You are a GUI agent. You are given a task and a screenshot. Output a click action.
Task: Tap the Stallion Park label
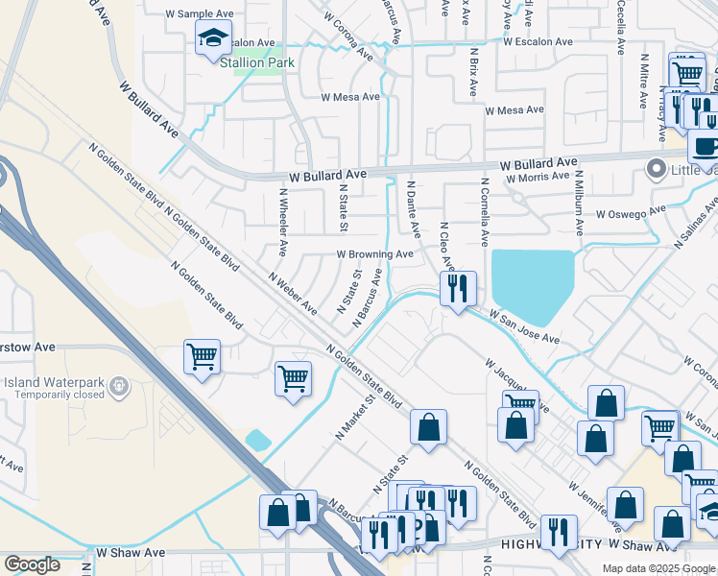click(256, 63)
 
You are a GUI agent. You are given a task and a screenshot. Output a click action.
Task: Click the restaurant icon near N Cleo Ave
click(458, 287)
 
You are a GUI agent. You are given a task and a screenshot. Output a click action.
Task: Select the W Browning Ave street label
click(373, 254)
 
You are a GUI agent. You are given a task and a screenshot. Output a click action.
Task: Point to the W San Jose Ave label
click(524, 326)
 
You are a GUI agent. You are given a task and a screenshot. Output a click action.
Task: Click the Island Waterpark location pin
click(119, 387)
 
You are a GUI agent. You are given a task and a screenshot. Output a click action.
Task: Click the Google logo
click(32, 564)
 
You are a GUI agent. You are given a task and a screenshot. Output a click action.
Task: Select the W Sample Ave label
click(200, 14)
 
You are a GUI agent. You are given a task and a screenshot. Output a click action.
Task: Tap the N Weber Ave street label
click(293, 295)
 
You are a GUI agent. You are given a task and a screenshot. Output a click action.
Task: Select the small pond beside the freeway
click(258, 440)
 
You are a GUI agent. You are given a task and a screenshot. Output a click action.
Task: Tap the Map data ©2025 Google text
click(658, 568)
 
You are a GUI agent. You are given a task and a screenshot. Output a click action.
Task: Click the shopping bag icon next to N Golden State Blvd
click(428, 427)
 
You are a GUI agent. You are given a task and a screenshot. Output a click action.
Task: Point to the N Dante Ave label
click(414, 209)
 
